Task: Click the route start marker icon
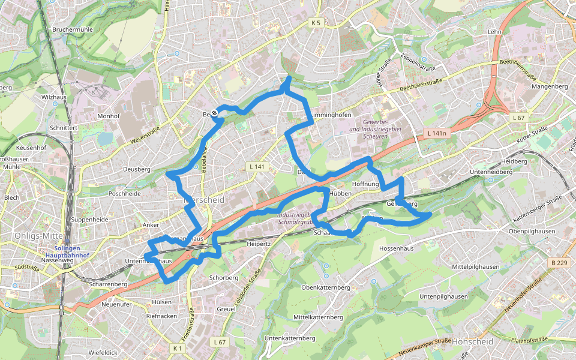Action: [x=214, y=113]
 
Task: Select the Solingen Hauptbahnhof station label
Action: [x=71, y=251]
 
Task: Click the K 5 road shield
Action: [x=316, y=23]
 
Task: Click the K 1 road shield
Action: [x=176, y=348]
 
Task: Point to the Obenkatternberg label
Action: [x=325, y=287]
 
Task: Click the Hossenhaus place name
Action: [x=397, y=247]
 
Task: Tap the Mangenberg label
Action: [x=550, y=86]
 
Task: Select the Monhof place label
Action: [x=109, y=116]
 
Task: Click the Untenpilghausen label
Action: [x=443, y=296]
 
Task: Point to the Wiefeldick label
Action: [x=103, y=352]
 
